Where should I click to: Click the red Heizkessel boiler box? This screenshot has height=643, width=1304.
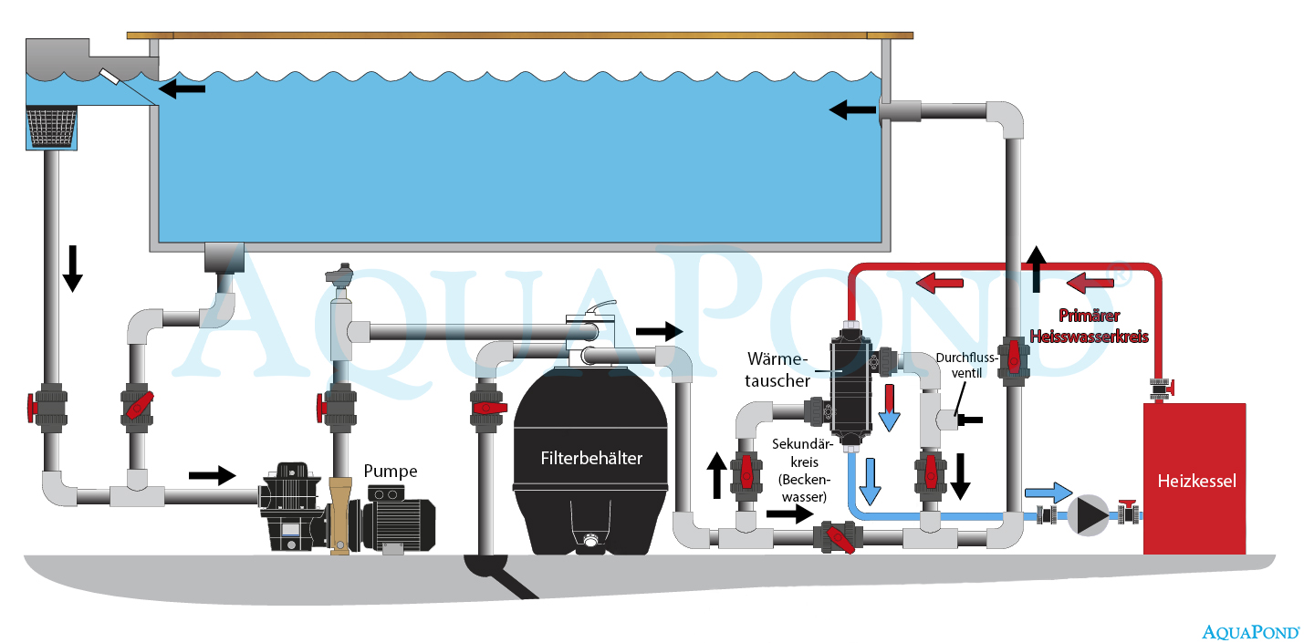coord(1194,478)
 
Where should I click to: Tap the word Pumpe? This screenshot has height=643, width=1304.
coord(391,471)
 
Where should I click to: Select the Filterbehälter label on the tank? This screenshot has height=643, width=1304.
coord(591,458)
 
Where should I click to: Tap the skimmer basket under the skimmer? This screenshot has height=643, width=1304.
coord(51,128)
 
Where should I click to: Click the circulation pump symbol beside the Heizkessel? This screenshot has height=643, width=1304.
coord(1086,515)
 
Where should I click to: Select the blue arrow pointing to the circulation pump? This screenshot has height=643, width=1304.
coord(1048,493)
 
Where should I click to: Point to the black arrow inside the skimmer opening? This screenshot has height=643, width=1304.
coord(183,88)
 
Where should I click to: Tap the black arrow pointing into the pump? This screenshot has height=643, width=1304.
coord(212,474)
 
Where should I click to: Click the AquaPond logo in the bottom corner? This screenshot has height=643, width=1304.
coord(1250,629)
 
